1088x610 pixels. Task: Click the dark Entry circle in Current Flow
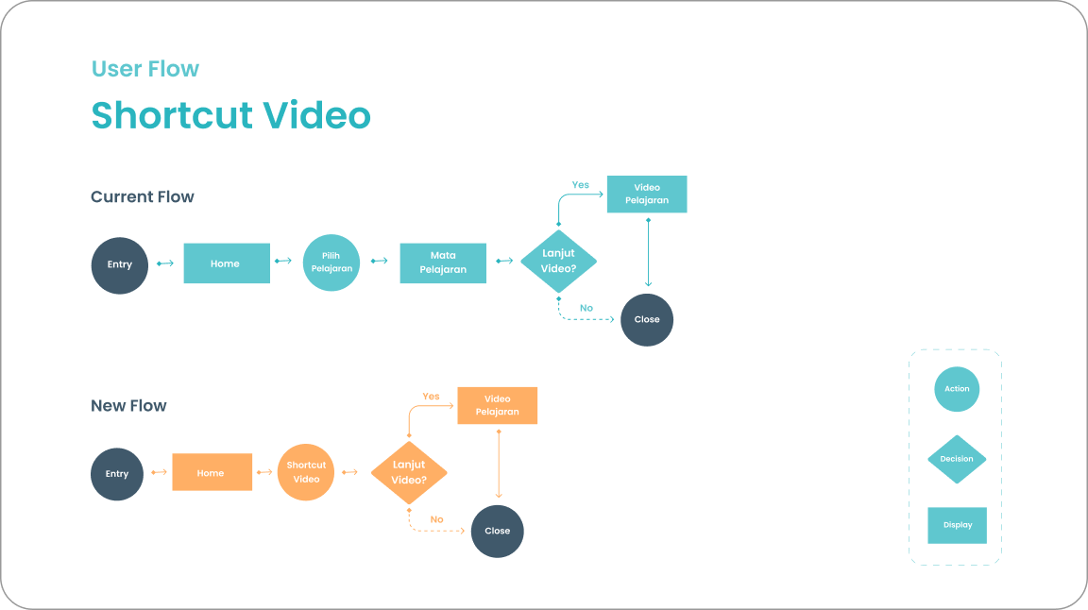(120, 264)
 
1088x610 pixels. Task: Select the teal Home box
(227, 263)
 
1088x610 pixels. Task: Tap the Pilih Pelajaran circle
(331, 263)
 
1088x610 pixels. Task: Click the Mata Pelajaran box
(443, 263)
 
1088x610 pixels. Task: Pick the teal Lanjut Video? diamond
(559, 262)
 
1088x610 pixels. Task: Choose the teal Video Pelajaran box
(647, 194)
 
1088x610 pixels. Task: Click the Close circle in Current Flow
(647, 319)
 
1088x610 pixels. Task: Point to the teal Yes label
(581, 185)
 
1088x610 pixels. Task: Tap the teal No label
(586, 308)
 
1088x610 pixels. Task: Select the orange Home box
(212, 472)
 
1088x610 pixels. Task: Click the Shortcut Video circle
(306, 472)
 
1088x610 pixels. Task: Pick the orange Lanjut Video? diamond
(409, 472)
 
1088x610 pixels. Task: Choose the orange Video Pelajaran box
(498, 405)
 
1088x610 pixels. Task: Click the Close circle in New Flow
(497, 531)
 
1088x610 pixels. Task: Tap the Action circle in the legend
(957, 389)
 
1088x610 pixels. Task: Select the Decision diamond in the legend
(957, 459)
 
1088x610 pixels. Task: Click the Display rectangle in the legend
(957, 525)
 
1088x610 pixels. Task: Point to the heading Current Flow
(143, 197)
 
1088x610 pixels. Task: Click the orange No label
(436, 519)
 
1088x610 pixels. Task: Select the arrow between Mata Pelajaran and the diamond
(503, 263)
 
